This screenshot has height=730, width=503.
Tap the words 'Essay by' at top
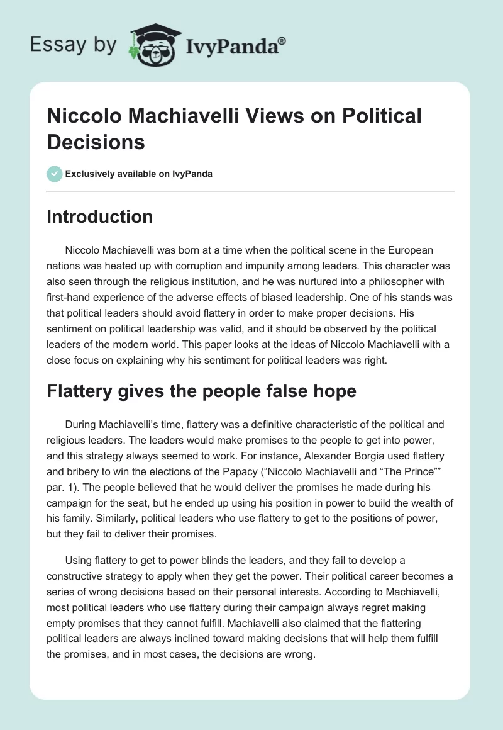(74, 45)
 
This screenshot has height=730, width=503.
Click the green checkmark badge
(54, 174)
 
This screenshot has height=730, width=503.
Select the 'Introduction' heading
(100, 216)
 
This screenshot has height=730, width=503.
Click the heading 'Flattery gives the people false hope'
(201, 391)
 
